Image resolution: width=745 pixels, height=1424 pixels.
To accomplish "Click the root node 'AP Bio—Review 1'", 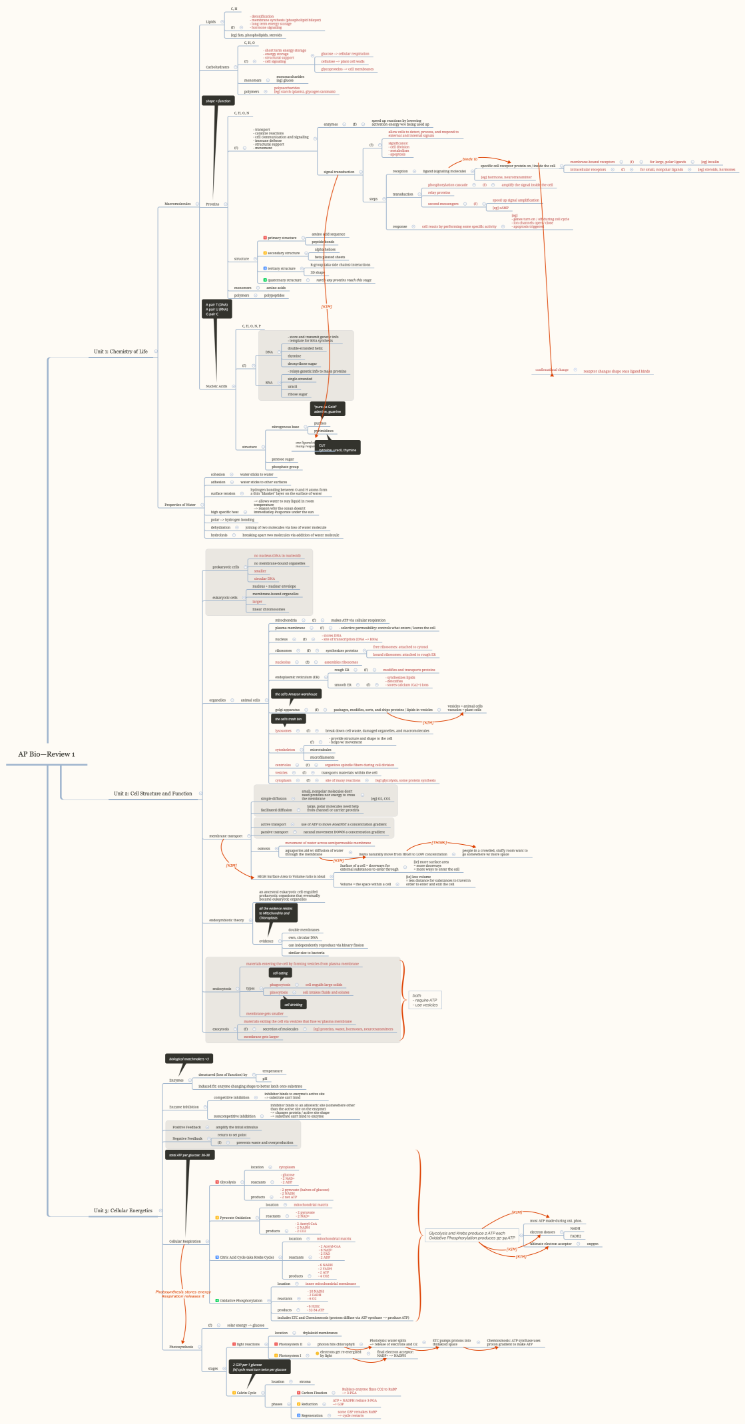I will click(x=47, y=754).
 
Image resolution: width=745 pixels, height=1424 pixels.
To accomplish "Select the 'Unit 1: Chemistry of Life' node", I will click(x=121, y=352).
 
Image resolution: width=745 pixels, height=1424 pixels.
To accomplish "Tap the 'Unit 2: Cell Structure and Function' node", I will click(x=152, y=794).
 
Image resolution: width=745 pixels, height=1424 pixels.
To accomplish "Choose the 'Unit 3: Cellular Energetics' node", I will click(x=123, y=1211).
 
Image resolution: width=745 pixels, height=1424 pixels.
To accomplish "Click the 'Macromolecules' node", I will click(x=177, y=204).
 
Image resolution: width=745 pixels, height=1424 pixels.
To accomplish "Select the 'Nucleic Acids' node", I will click(x=216, y=386).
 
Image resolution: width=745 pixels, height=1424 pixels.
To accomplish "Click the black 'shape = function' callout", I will click(x=218, y=101).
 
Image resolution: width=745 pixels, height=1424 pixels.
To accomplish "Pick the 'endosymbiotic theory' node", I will click(x=226, y=920).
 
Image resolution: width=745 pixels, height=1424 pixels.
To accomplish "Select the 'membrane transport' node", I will click(x=226, y=835).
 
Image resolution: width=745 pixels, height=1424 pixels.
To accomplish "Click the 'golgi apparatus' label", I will click(x=287, y=710).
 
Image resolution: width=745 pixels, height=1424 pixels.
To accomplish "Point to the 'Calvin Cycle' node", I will click(x=245, y=1393).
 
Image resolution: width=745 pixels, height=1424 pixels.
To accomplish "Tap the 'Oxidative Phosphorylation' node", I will click(x=241, y=1300).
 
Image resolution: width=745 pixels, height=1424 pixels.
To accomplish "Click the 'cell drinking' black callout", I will click(x=293, y=1005).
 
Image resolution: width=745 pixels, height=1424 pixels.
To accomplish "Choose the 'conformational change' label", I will click(x=552, y=369).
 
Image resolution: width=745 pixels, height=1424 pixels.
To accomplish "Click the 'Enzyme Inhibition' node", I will click(x=184, y=1107).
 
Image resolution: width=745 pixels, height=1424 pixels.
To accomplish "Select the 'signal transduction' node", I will click(x=339, y=172).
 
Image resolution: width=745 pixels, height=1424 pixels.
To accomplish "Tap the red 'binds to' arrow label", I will click(x=470, y=159).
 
